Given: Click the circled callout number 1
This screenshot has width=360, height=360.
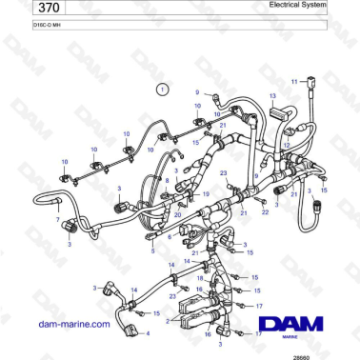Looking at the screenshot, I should click(x=163, y=89).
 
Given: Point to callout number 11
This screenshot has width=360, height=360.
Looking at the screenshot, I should click(x=294, y=81).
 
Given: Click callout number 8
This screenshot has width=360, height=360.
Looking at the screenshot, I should click(x=168, y=179).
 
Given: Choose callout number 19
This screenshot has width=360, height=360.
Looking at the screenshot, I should click(x=205, y=192).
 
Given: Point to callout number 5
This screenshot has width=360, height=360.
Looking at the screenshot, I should click(x=152, y=251).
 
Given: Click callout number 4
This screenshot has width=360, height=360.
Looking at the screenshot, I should click(x=147, y=333).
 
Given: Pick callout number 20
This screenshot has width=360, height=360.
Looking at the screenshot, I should click(x=177, y=214).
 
